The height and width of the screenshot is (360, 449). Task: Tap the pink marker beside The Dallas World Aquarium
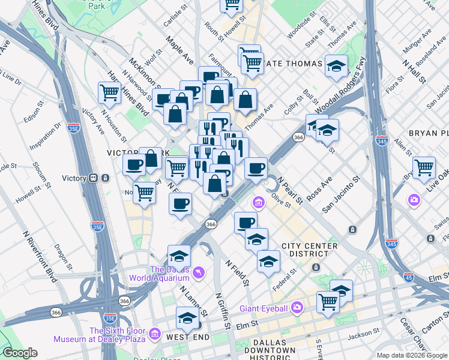(x=199, y=273)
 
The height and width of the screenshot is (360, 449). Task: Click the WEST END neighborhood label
(x=188, y=337)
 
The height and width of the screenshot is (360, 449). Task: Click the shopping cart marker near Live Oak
(x=424, y=167)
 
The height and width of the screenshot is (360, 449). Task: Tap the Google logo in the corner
(x=20, y=353)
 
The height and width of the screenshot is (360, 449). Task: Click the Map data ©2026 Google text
(x=411, y=355)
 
